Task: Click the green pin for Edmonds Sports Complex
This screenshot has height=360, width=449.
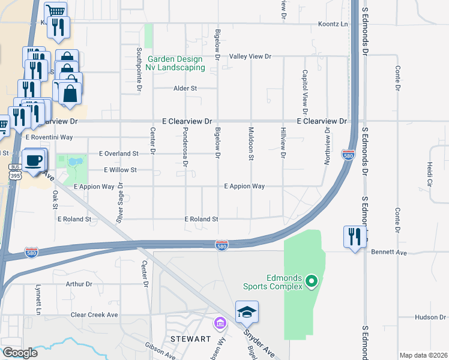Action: (311, 281)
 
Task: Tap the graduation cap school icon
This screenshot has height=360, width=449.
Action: (247, 312)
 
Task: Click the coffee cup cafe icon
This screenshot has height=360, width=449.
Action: (35, 160)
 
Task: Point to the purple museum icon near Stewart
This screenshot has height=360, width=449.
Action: (220, 324)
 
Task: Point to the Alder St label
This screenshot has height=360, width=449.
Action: (185, 88)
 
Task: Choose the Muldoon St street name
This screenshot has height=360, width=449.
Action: (251, 143)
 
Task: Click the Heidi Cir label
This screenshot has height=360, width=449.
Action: (430, 173)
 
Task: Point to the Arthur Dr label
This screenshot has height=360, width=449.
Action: (79, 284)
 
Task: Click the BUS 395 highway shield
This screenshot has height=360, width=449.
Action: (15, 171)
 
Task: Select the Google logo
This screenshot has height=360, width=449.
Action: (20, 353)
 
